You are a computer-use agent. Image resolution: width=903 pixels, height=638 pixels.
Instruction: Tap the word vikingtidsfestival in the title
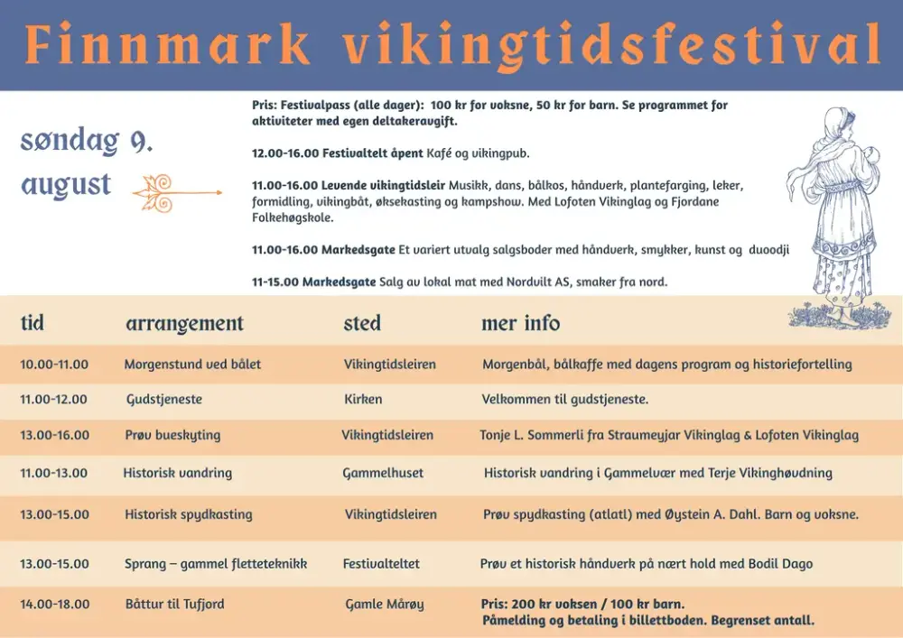611,46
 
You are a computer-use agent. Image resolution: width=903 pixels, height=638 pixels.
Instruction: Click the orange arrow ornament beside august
177,193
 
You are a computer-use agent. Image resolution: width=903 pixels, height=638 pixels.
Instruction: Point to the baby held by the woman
870,162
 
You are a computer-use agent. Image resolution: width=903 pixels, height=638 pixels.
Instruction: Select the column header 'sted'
362,323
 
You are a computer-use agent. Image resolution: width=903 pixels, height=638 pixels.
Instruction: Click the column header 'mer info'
521,323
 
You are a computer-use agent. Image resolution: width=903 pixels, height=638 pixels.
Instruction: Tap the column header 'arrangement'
185,324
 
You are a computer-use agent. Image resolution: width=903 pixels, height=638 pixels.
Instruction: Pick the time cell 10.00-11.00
54,365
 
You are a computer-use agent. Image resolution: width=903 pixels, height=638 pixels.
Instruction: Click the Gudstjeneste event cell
164,399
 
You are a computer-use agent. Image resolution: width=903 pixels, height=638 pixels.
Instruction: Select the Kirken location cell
363,399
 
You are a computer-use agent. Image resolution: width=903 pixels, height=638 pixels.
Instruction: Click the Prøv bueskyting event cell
172,436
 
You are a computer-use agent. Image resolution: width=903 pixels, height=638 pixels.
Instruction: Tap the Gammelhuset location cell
383,473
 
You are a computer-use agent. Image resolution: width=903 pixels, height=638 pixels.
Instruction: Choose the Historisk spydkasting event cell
189,514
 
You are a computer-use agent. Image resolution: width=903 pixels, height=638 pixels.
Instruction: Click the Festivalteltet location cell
381,564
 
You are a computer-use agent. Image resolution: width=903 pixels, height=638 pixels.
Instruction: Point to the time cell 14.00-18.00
55,604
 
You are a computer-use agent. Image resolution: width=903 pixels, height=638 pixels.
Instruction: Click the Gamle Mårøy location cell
385,605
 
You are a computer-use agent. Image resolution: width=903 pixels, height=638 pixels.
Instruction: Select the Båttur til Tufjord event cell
175,604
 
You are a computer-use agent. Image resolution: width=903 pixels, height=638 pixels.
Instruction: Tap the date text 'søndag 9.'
87,141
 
